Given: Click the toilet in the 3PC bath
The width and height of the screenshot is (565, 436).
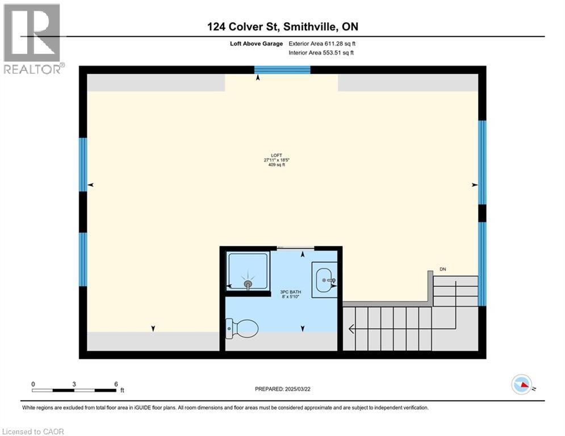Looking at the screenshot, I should (242, 328).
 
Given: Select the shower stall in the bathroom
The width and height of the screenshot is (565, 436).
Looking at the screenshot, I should (248, 271).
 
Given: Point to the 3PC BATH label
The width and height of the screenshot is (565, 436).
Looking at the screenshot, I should (290, 294).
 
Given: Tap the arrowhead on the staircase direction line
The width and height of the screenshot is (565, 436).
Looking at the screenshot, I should (352, 328).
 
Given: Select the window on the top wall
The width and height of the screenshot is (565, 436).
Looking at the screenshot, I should (282, 70).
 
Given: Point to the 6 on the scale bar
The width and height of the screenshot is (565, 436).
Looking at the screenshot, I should (115, 384).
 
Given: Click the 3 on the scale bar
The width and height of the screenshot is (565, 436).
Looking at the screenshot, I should (74, 384).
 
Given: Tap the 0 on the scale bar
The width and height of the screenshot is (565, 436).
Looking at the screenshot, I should (33, 384).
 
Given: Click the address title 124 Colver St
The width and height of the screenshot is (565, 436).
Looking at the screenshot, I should (282, 27).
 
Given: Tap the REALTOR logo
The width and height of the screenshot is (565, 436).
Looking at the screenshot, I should (32, 39).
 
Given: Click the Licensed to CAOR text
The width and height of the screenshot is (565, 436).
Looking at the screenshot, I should (32, 431).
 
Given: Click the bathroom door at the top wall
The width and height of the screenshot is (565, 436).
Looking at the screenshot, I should (295, 248).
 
